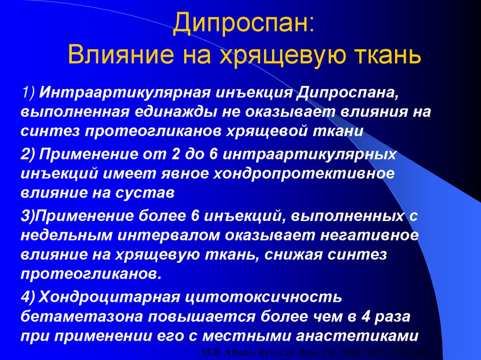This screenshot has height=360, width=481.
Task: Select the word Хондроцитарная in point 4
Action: coord(108,297)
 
